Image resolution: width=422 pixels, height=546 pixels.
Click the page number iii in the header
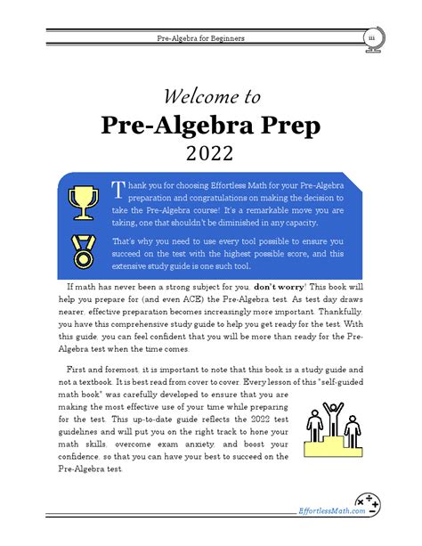pyautogui.click(x=370, y=39)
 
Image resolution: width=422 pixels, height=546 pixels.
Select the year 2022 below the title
pyautogui.click(x=211, y=154)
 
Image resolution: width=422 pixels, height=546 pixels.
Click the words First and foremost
pyautogui.click(x=101, y=368)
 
